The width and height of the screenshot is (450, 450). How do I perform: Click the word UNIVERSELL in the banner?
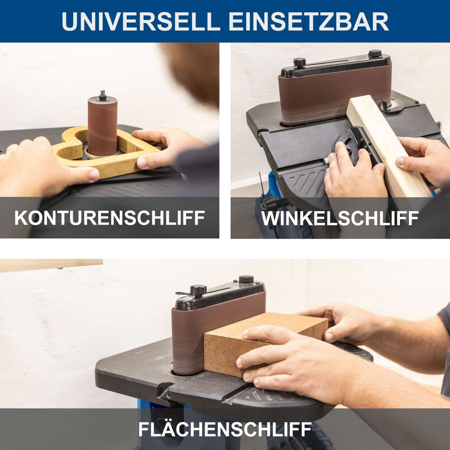pos(141,21)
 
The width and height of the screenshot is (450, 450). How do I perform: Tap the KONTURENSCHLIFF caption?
pos(109,218)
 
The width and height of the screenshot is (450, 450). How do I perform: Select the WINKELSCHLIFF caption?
pos(340,218)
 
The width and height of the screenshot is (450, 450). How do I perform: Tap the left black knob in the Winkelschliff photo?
pos(300,62)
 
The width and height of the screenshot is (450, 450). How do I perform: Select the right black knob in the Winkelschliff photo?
pos(375,54)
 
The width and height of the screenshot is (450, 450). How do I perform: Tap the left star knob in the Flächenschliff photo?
pos(198,291)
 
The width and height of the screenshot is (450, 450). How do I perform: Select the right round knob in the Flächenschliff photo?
pos(246,279)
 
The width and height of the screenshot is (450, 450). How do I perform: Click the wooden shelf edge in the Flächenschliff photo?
pos(51,265)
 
